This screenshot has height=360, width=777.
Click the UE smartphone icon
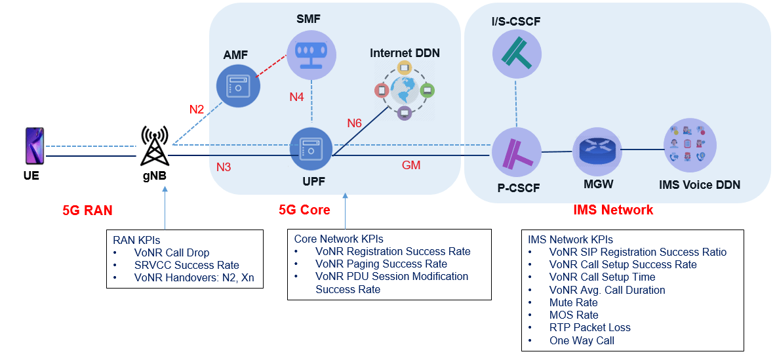click(x=33, y=146)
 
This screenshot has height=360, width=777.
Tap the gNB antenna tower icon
click(x=155, y=146)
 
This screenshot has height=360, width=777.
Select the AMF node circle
click(x=239, y=85)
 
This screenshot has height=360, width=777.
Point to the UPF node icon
click(x=311, y=150)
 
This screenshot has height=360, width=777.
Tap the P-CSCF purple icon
click(x=517, y=152)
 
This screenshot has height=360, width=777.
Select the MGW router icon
click(x=596, y=151)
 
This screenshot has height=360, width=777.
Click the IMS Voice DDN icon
click(x=689, y=145)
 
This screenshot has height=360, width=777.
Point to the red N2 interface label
click(x=197, y=110)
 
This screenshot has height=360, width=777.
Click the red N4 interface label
click(x=296, y=97)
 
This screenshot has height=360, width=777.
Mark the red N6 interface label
click(x=355, y=123)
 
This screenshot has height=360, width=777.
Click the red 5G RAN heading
click(x=87, y=210)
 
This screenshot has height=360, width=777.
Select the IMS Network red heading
click(x=613, y=210)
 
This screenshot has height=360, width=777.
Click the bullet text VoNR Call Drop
click(x=172, y=252)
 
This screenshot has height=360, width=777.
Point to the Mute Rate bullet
click(x=573, y=302)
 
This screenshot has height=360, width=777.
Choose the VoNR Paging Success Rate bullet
click(x=380, y=264)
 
